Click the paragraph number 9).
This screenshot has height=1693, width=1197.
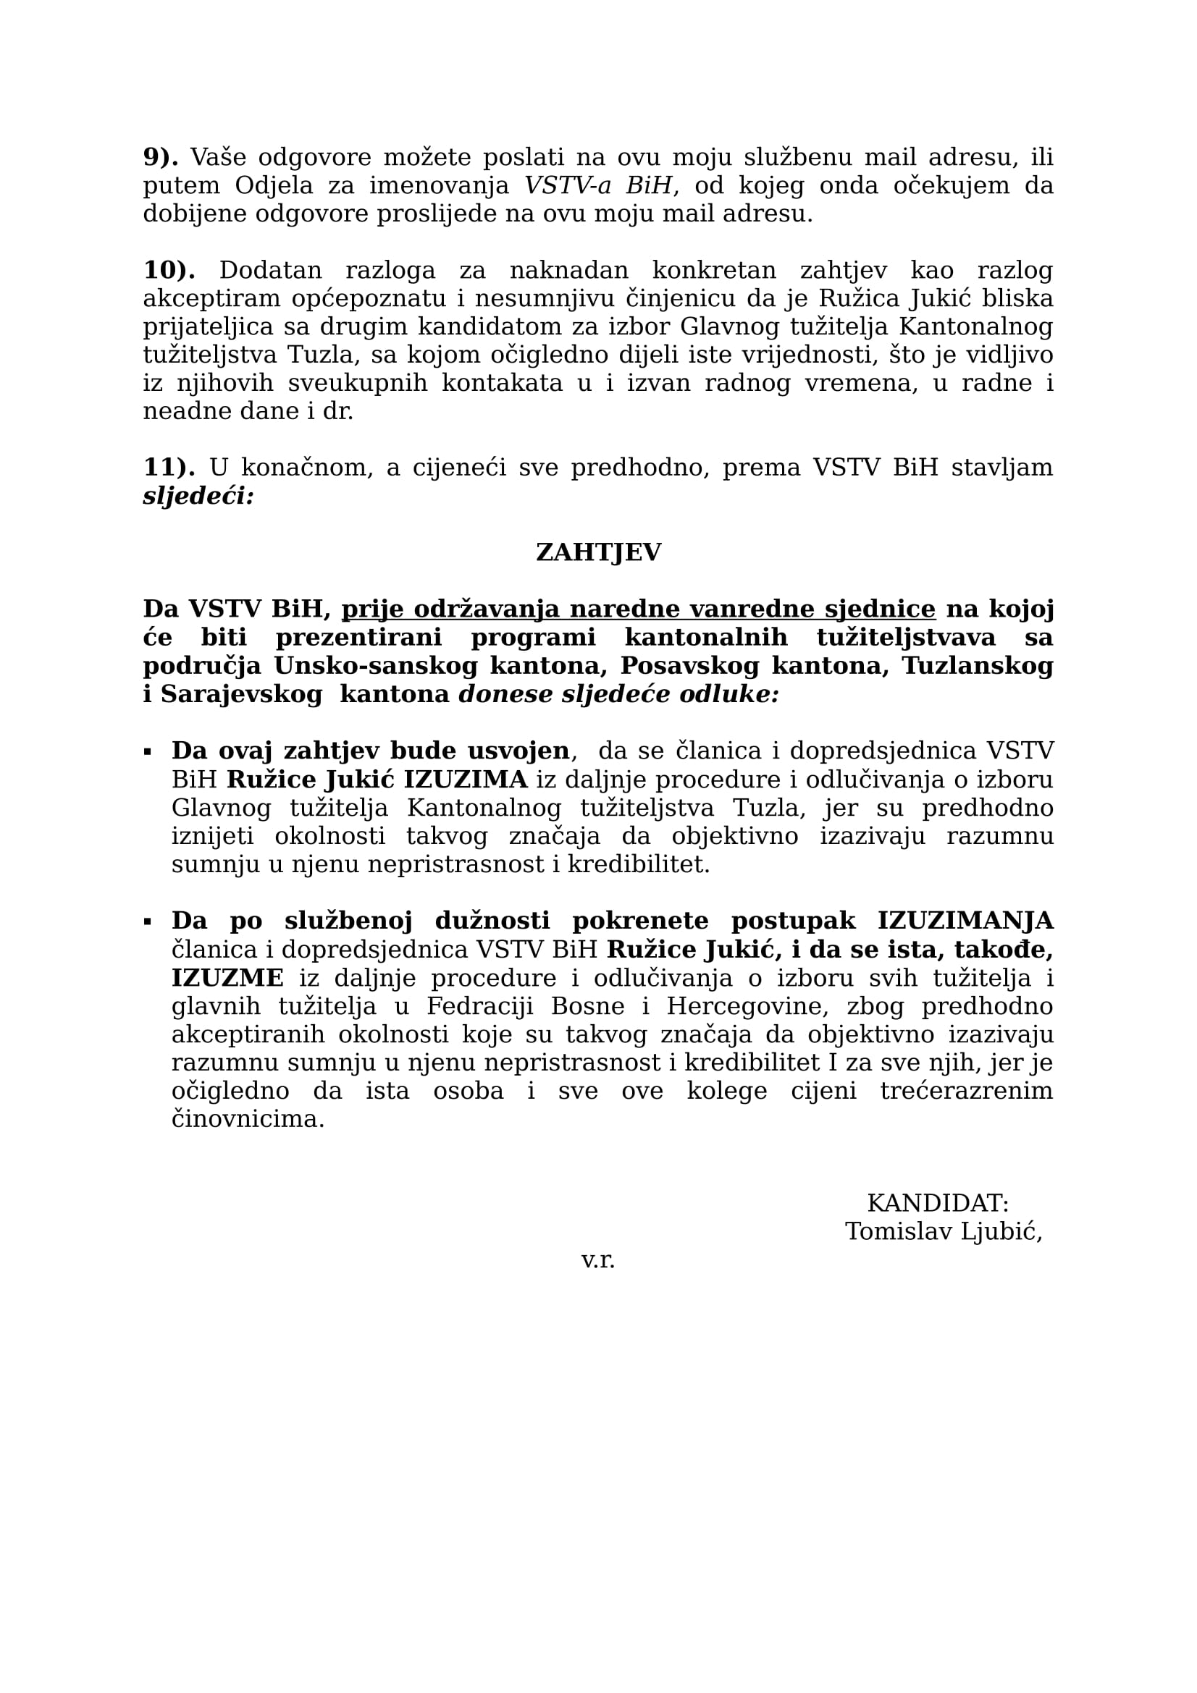[160, 157]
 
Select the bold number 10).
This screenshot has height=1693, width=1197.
[169, 271]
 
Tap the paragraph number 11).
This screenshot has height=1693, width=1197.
[169, 468]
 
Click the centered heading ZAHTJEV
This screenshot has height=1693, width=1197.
[598, 552]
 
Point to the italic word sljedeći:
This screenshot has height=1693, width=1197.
[198, 497]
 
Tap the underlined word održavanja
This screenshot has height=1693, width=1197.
[486, 609]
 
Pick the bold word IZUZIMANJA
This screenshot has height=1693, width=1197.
[965, 921]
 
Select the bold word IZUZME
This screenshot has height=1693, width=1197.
[227, 979]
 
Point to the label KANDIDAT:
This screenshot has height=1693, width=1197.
[937, 1204]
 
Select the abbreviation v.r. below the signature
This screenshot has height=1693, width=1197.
[597, 1260]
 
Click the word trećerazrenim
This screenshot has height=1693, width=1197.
[966, 1092]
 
